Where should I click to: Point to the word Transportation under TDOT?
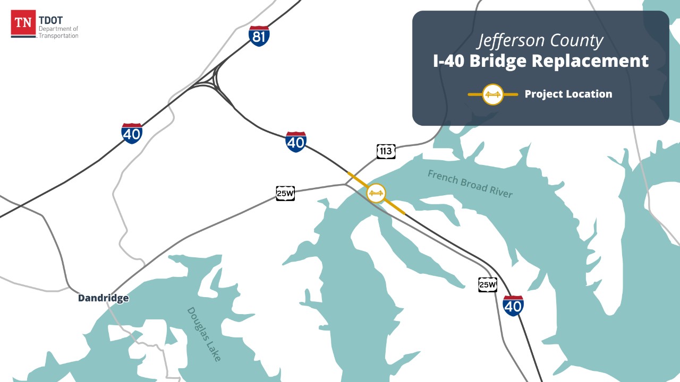58,36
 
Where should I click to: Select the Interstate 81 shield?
259,36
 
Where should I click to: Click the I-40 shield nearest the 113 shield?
295,142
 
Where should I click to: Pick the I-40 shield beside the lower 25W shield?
513,306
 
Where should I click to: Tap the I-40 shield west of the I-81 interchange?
132,133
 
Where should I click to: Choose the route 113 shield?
386,151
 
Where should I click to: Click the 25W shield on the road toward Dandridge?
285,193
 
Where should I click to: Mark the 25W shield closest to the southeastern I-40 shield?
487,284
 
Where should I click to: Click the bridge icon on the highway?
376,193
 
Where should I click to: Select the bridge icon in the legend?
493,94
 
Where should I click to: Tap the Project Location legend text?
568,94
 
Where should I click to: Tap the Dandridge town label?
103,298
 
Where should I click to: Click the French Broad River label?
470,184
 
